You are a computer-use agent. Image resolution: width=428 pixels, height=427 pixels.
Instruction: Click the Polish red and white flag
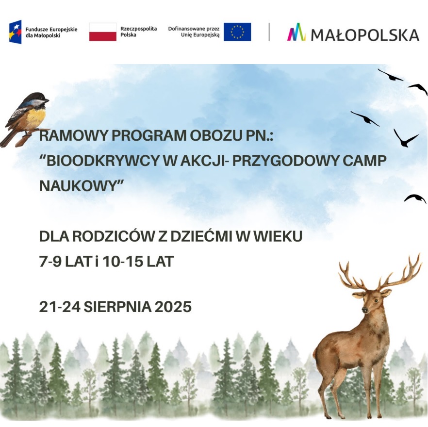point(103,32)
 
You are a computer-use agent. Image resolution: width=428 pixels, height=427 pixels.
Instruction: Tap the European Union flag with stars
point(237,32)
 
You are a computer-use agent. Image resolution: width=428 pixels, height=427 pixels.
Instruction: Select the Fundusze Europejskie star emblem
point(16,32)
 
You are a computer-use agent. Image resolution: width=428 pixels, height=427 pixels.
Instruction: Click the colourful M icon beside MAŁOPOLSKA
point(296,32)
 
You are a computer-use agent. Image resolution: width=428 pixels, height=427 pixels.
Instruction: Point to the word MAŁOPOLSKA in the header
point(365,35)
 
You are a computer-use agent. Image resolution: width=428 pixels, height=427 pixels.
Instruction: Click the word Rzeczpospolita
point(139,29)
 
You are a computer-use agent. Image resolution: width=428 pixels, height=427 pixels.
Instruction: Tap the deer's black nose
point(364,309)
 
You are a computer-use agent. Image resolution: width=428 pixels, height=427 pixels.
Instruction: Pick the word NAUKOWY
point(78,186)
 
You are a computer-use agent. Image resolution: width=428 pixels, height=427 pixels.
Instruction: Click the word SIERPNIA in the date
point(117,307)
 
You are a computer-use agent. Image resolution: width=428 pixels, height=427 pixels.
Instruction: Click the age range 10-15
point(123,262)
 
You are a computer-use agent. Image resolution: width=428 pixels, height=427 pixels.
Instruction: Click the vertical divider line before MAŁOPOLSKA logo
point(269,32)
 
